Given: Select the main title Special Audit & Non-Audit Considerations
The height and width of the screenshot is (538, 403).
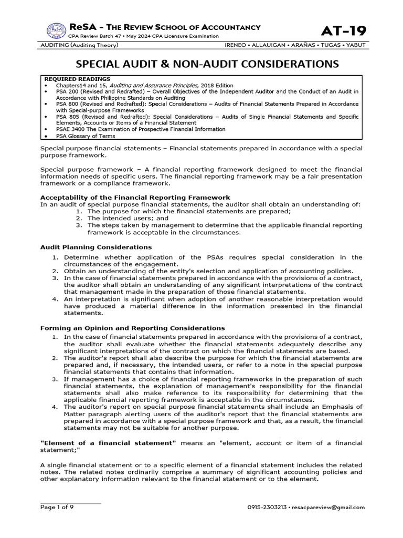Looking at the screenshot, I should click(x=201, y=64).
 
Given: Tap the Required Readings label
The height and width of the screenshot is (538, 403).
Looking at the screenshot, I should click(x=69, y=79).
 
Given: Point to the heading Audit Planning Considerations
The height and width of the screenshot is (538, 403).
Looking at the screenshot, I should click(x=96, y=246).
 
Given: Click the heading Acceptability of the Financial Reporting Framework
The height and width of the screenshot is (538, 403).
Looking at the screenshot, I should click(x=135, y=197).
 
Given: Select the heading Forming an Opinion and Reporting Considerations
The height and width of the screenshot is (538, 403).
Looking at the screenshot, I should click(x=133, y=327).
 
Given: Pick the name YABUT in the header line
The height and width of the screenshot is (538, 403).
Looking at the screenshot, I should click(x=355, y=46).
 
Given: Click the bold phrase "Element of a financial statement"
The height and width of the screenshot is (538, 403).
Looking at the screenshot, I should click(x=109, y=443).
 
